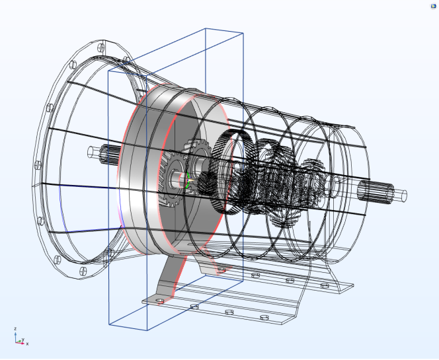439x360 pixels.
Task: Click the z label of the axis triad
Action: tap(16, 329)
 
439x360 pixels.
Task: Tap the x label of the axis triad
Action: tap(27, 343)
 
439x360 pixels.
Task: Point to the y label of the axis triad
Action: tap(23, 340)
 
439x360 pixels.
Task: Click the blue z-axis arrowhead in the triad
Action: tap(16, 334)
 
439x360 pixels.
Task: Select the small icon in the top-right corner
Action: tap(434, 6)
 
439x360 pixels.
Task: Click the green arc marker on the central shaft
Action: tap(187, 180)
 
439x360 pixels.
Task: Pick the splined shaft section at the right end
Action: tap(376, 192)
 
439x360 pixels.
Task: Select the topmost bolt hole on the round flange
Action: tap(101, 48)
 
